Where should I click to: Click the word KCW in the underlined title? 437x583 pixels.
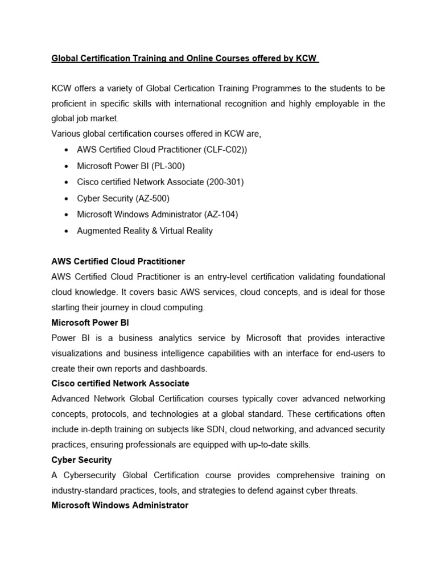click(x=308, y=58)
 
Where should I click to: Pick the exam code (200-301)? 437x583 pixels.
click(x=224, y=182)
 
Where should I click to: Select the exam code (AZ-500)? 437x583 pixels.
click(x=152, y=198)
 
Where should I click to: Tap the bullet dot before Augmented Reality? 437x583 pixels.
click(x=67, y=231)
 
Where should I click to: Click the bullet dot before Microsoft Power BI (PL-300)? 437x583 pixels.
click(x=67, y=166)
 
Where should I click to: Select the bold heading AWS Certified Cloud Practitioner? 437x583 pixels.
click(x=118, y=261)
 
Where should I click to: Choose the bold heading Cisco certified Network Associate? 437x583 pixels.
click(x=120, y=383)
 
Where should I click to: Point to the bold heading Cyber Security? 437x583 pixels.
click(x=81, y=459)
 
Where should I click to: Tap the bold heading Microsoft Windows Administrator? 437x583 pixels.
click(x=119, y=505)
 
